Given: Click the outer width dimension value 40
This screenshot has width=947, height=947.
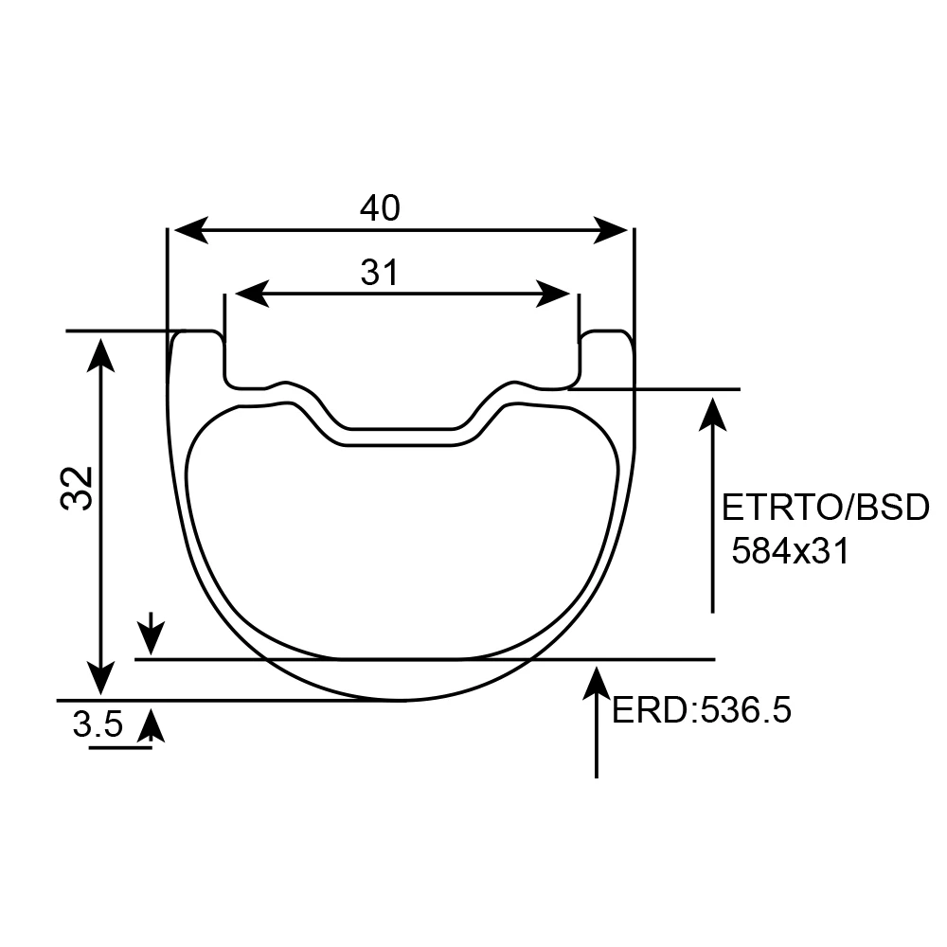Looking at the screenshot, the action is point(380,208).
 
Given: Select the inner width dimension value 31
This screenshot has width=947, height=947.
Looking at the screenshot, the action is point(380,273).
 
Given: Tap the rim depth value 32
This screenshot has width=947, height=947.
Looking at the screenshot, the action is point(78,488).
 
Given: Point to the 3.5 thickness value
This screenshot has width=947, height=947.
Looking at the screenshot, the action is point(98,724).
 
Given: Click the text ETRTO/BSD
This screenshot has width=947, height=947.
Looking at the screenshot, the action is point(825,508).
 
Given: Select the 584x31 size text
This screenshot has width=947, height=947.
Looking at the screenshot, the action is point(790,551).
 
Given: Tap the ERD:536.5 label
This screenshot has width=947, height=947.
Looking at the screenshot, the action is point(701,710).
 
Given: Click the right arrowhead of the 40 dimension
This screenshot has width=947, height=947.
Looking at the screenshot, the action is point(611,230).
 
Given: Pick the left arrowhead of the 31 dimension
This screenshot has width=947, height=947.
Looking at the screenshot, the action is point(252,295).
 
